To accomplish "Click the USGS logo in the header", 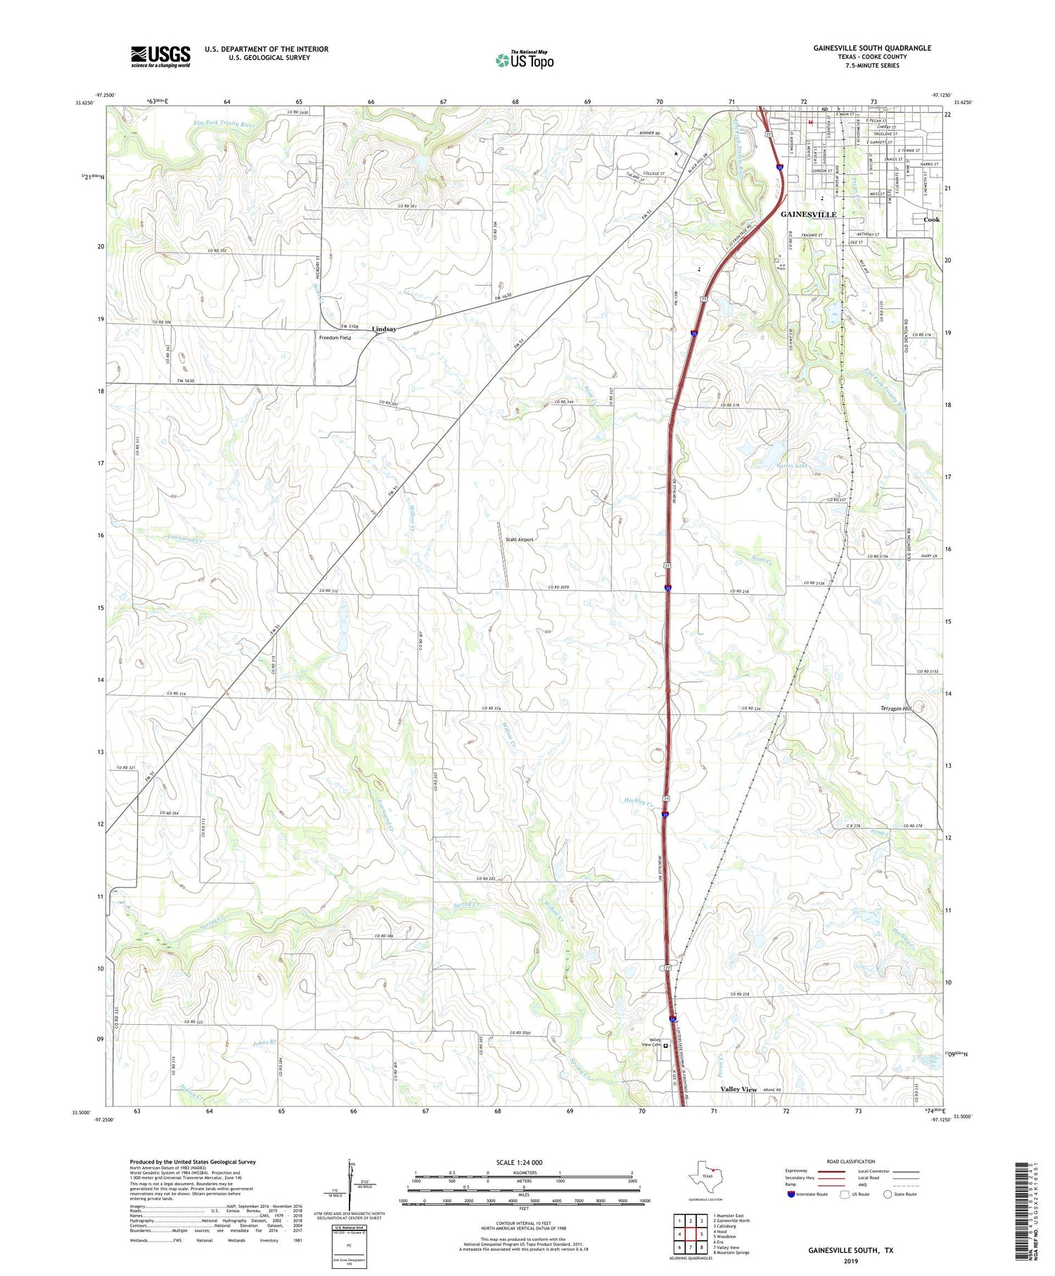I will [160, 56].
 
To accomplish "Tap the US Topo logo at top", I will [525, 60].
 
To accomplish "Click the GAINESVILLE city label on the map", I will [809, 214].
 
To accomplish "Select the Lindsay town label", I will [384, 329].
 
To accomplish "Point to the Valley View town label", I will [738, 1089].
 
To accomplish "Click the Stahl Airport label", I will [519, 540].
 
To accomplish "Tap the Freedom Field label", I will [335, 338].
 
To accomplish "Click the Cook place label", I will [931, 220].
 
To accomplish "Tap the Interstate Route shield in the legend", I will [791, 1194].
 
